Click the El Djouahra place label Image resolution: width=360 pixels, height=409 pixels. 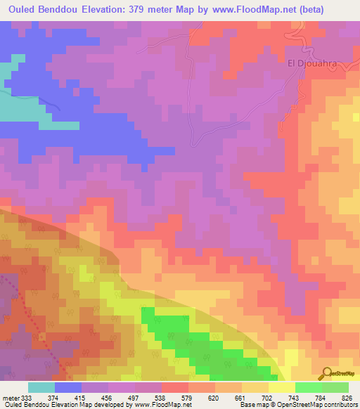313,63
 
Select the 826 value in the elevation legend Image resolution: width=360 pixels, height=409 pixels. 347,398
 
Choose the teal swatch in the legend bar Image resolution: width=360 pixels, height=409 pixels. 41,387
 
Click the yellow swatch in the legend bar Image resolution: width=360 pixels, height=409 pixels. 281,387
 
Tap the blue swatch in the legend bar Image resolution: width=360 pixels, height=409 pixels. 68,387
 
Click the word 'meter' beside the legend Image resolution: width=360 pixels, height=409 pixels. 10,398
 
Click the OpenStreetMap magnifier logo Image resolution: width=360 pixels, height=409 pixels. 326,372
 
